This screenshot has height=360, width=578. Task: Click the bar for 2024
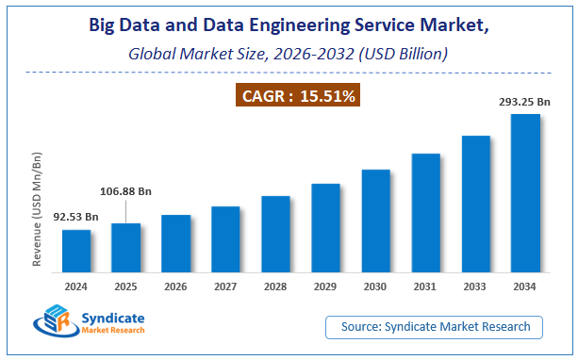point(76,250)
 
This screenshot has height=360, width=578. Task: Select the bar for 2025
point(125,247)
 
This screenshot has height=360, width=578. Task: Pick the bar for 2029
point(325,227)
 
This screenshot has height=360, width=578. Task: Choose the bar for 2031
point(425,212)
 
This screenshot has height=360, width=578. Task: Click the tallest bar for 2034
point(525,192)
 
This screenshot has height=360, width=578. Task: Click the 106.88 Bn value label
point(126,191)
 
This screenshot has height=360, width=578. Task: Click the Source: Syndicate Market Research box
point(435,327)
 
